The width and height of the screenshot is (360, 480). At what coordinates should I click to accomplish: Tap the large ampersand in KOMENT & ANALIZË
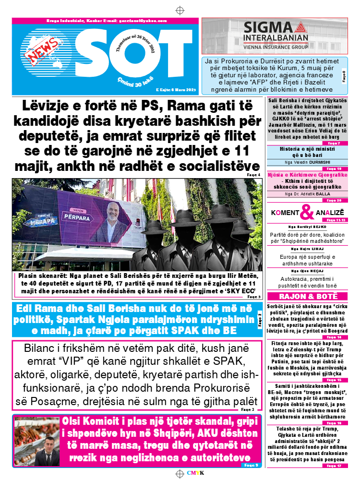tap(307, 212)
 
